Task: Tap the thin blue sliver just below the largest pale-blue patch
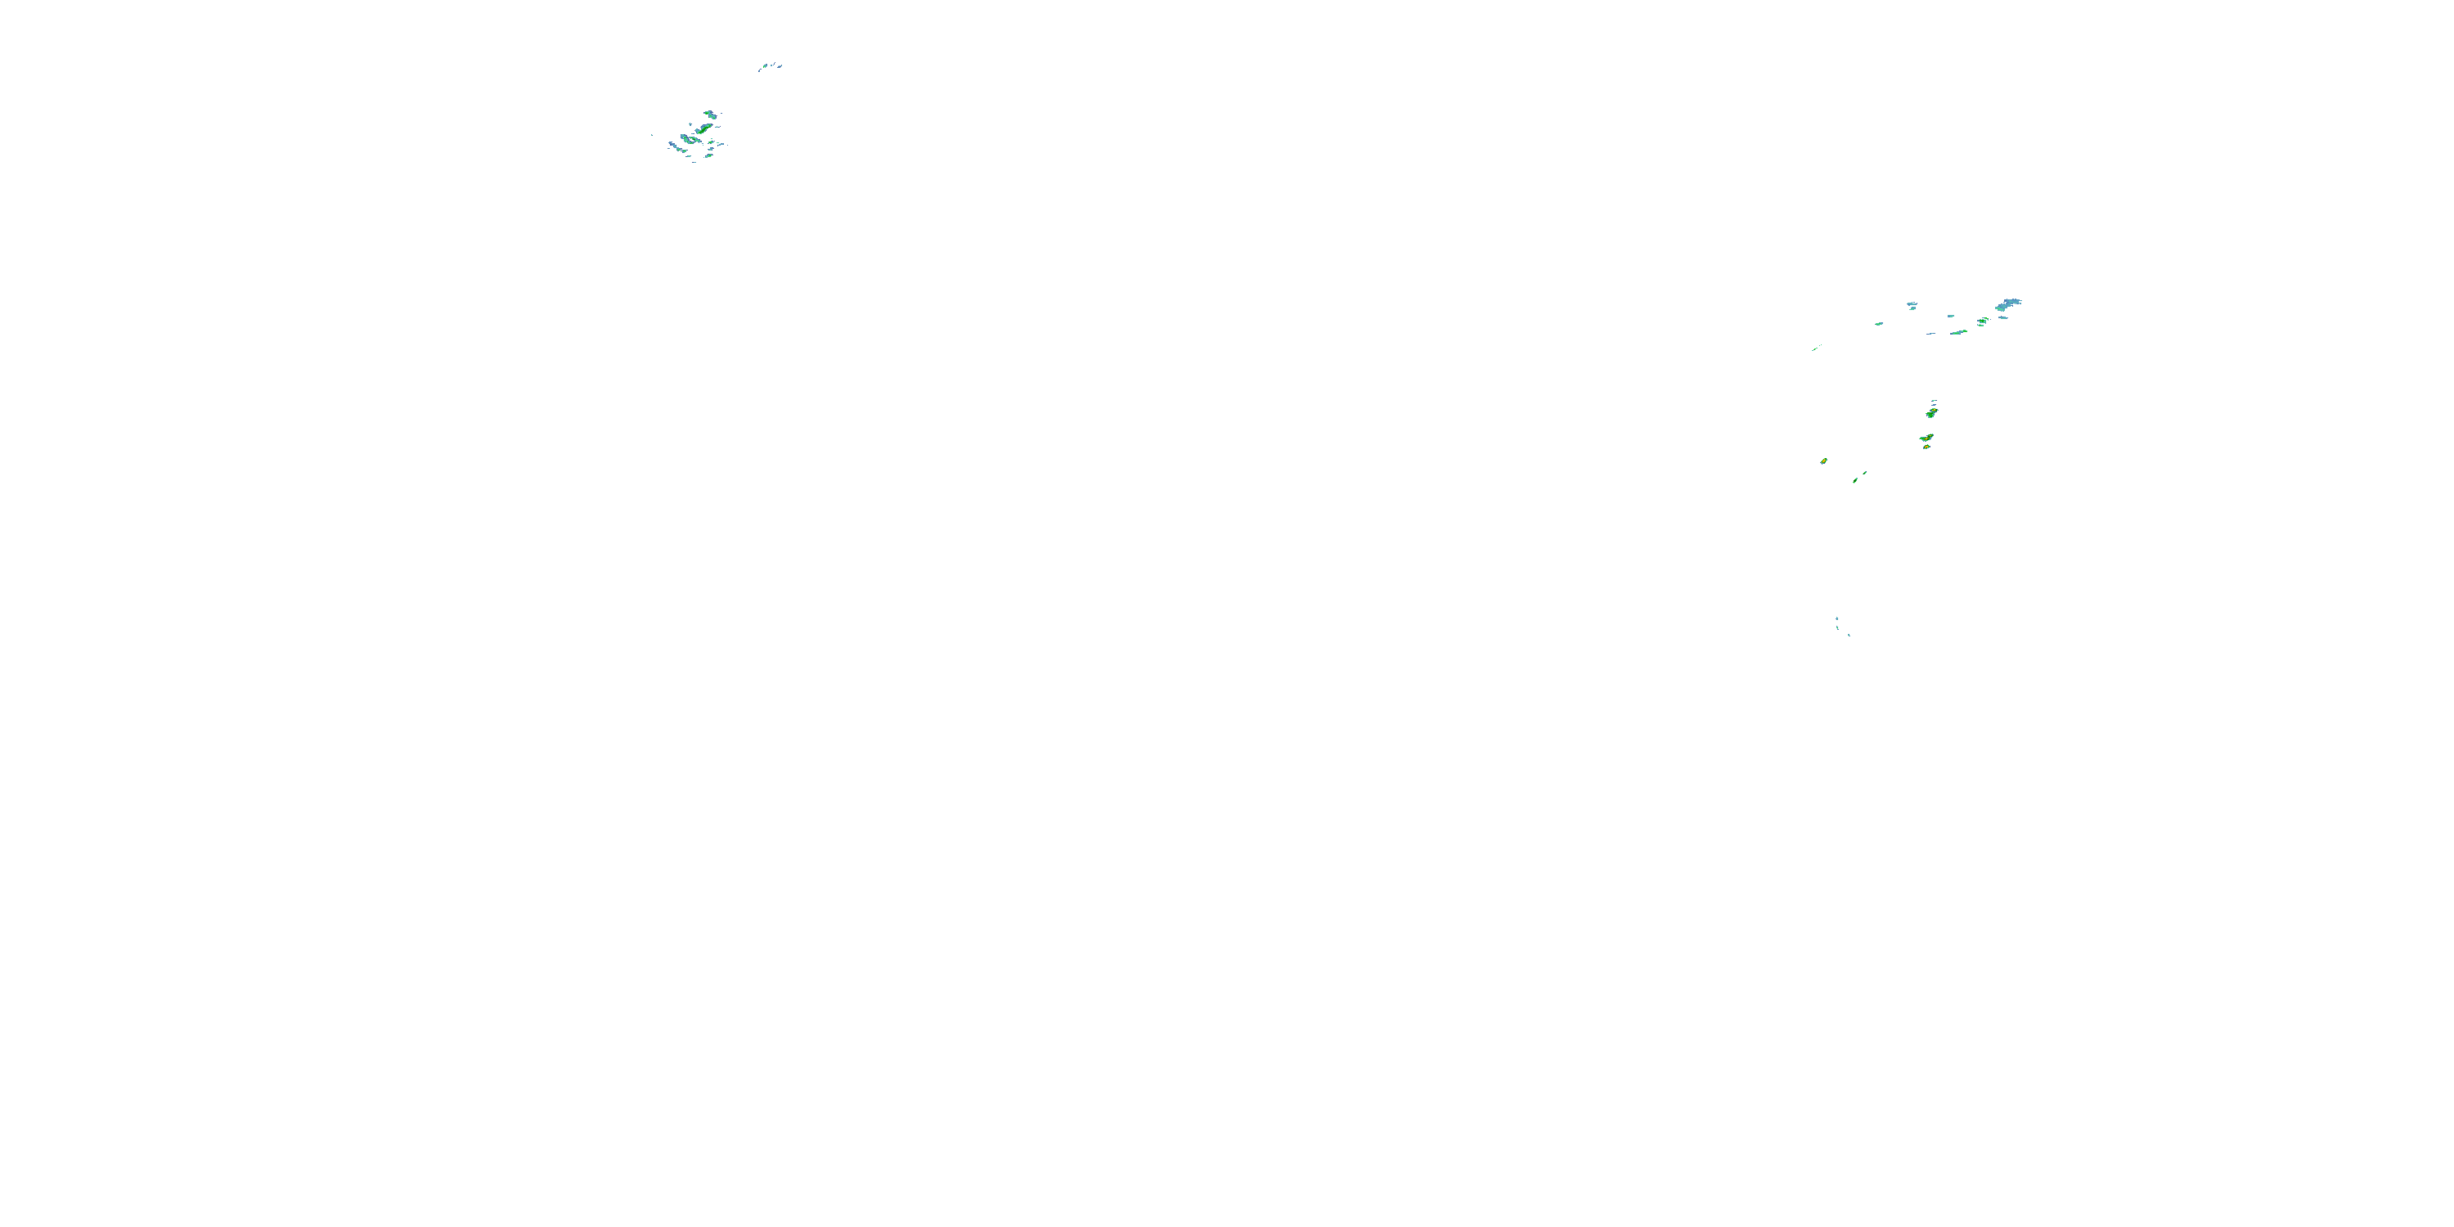point(2003,318)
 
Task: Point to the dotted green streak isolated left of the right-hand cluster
point(1816,348)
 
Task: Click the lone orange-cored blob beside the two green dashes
point(1824,461)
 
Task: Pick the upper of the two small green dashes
point(1865,473)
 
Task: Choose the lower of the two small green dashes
point(1856,480)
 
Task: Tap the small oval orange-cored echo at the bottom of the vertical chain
point(1926,447)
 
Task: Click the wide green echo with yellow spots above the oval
point(1927,438)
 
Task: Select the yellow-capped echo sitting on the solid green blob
point(1934,410)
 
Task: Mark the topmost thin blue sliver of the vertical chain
point(1934,401)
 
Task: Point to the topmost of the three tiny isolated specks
point(1838,619)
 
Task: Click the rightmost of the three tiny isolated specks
point(1849,636)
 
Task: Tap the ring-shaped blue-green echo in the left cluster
point(690,140)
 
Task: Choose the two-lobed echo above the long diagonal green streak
point(711,115)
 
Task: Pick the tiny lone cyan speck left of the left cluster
point(652,135)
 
